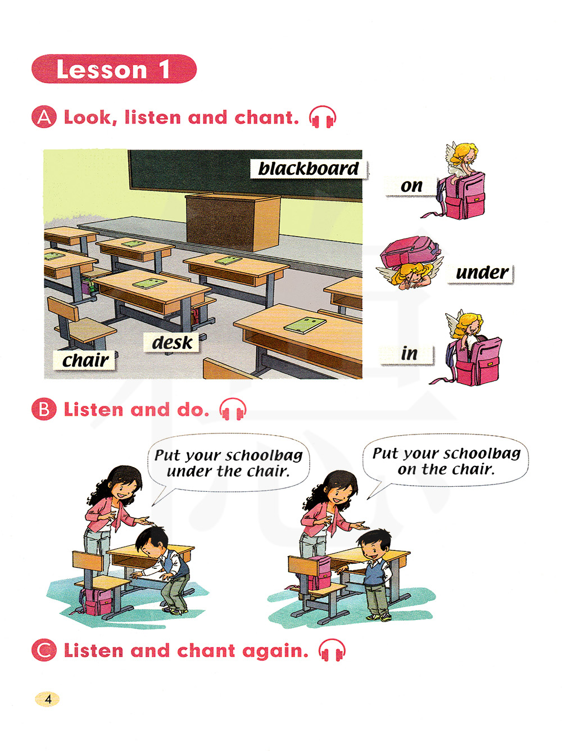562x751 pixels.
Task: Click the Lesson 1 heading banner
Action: click(x=114, y=69)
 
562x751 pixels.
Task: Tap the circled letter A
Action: click(x=44, y=117)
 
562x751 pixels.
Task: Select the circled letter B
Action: click(x=44, y=409)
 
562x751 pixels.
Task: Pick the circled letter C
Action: click(x=44, y=650)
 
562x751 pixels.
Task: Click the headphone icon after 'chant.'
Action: click(x=322, y=117)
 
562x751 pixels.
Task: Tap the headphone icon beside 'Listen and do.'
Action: click(x=233, y=409)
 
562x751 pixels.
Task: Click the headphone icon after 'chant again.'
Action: click(x=332, y=650)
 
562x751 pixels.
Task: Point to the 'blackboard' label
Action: click(x=309, y=169)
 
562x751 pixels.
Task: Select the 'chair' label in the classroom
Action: click(x=84, y=360)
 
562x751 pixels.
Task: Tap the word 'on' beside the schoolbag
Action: click(x=411, y=186)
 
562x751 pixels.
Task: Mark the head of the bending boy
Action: click(x=152, y=542)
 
